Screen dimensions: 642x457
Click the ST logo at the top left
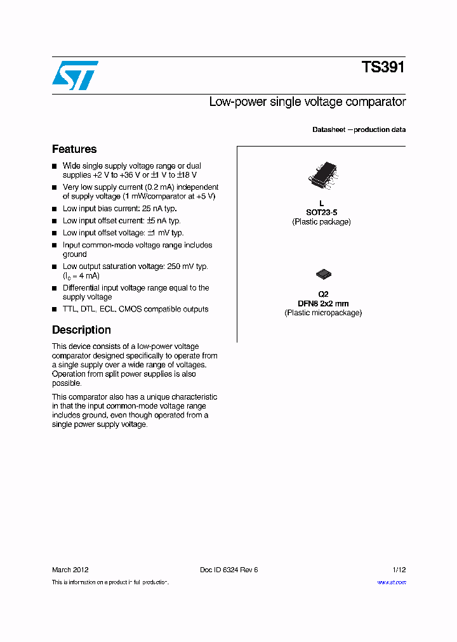point(75,75)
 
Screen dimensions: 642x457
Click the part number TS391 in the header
point(383,68)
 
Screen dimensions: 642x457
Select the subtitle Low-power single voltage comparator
point(307,102)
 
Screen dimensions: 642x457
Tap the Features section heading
point(74,149)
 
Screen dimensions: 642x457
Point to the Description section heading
point(81,330)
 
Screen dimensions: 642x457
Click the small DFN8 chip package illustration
point(323,274)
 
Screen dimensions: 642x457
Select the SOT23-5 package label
point(321,213)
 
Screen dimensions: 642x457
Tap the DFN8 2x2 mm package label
point(323,304)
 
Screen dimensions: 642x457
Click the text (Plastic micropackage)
point(323,313)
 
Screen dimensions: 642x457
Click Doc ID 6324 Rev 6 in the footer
point(228,570)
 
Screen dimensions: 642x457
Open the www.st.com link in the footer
point(392,582)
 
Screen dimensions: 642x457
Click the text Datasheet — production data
point(359,129)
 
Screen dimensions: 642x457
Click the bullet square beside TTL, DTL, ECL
point(55,310)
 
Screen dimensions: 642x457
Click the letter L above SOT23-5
point(321,204)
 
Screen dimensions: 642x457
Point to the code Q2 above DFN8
point(323,294)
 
